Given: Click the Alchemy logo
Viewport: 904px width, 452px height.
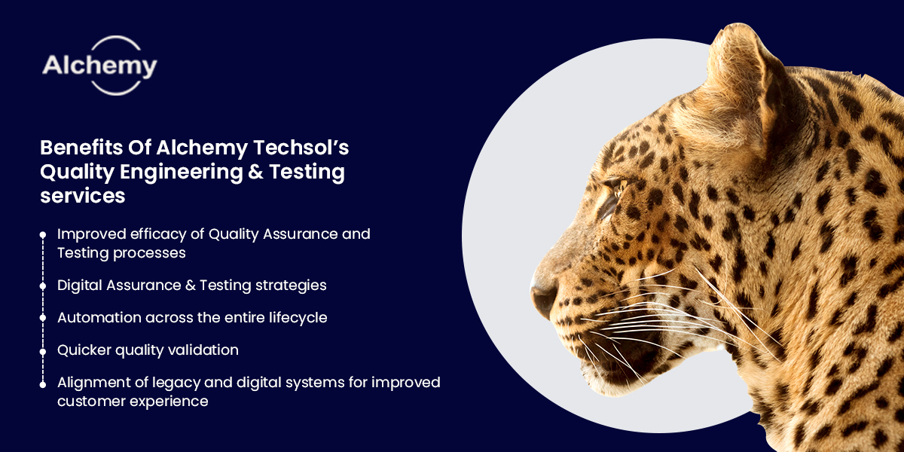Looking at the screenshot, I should click(x=99, y=66).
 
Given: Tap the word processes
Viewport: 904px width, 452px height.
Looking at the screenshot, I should click(x=149, y=253).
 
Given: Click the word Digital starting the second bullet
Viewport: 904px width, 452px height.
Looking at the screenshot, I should click(x=78, y=286).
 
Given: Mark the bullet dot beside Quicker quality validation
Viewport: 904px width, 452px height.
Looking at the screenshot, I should click(x=43, y=350).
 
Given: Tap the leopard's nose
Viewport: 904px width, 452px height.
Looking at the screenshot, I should click(x=541, y=294).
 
